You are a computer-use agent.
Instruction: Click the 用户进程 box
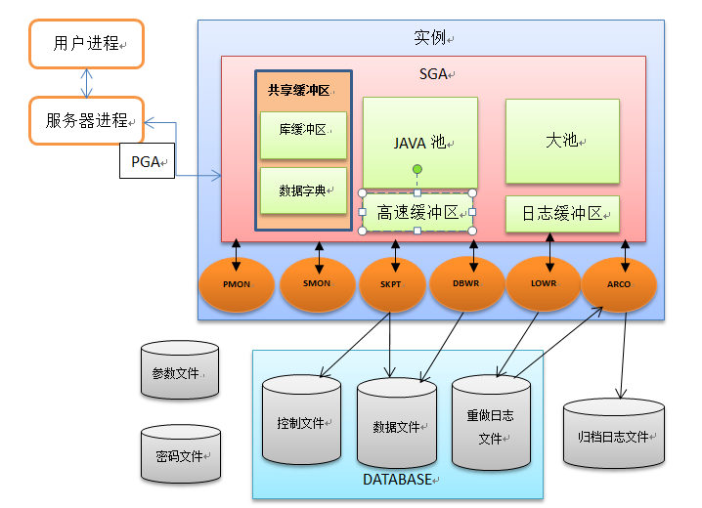86,44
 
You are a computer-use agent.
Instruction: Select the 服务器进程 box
86,120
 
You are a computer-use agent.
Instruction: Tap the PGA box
147,161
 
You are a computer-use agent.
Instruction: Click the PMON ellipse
237,283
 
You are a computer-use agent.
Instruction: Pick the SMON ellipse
318,283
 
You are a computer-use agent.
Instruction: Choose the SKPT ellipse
392,283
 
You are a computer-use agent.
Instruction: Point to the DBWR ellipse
467,283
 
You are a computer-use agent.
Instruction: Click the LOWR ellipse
544,282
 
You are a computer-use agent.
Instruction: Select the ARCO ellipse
619,283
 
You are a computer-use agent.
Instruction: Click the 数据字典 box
303,190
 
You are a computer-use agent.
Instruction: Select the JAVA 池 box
419,142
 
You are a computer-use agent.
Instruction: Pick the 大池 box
562,140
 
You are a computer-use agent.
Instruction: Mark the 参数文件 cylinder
180,371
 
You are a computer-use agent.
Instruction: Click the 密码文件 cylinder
180,454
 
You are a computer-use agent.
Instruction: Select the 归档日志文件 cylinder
614,436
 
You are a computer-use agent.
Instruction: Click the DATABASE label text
396,480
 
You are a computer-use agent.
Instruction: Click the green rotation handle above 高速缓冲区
417,170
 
